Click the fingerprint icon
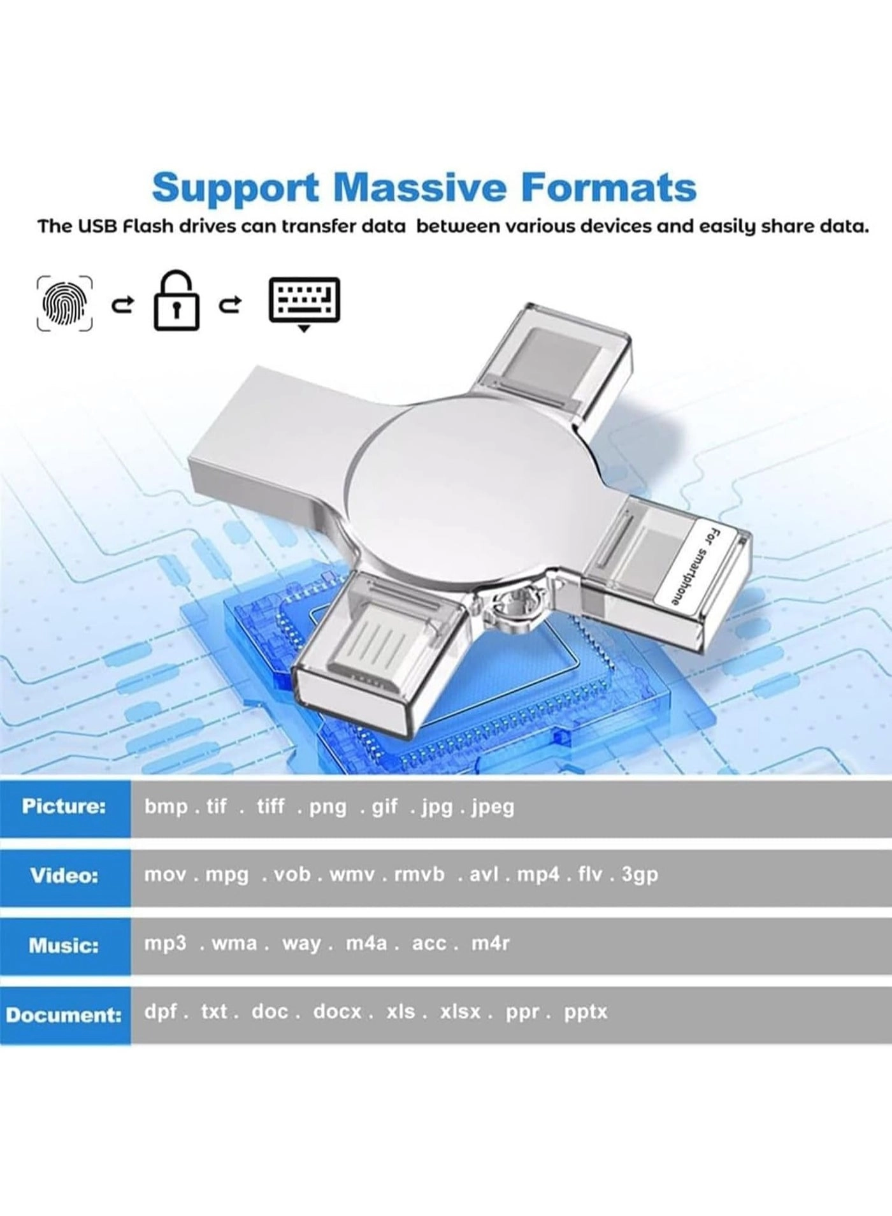click(64, 304)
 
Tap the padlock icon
click(176, 301)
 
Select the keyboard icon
click(305, 301)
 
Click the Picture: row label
click(64, 806)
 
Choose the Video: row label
click(64, 875)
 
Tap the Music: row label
click(64, 945)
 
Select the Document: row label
click(64, 1015)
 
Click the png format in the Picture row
click(327, 807)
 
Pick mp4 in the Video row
click(538, 874)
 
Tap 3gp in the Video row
click(640, 875)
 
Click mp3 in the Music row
click(165, 943)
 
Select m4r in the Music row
click(490, 943)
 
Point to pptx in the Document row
click(586, 1012)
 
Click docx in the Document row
click(337, 1011)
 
